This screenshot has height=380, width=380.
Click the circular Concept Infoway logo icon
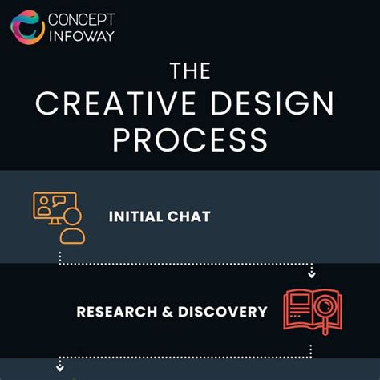click(27, 27)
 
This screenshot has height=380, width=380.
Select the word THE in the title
click(190, 72)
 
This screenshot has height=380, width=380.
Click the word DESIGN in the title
click(273, 105)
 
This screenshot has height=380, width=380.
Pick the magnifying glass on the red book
click(325, 308)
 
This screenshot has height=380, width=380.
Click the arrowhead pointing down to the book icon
click(312, 275)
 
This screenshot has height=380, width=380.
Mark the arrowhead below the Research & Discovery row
click(59, 368)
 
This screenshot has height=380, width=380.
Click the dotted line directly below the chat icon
click(59, 257)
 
